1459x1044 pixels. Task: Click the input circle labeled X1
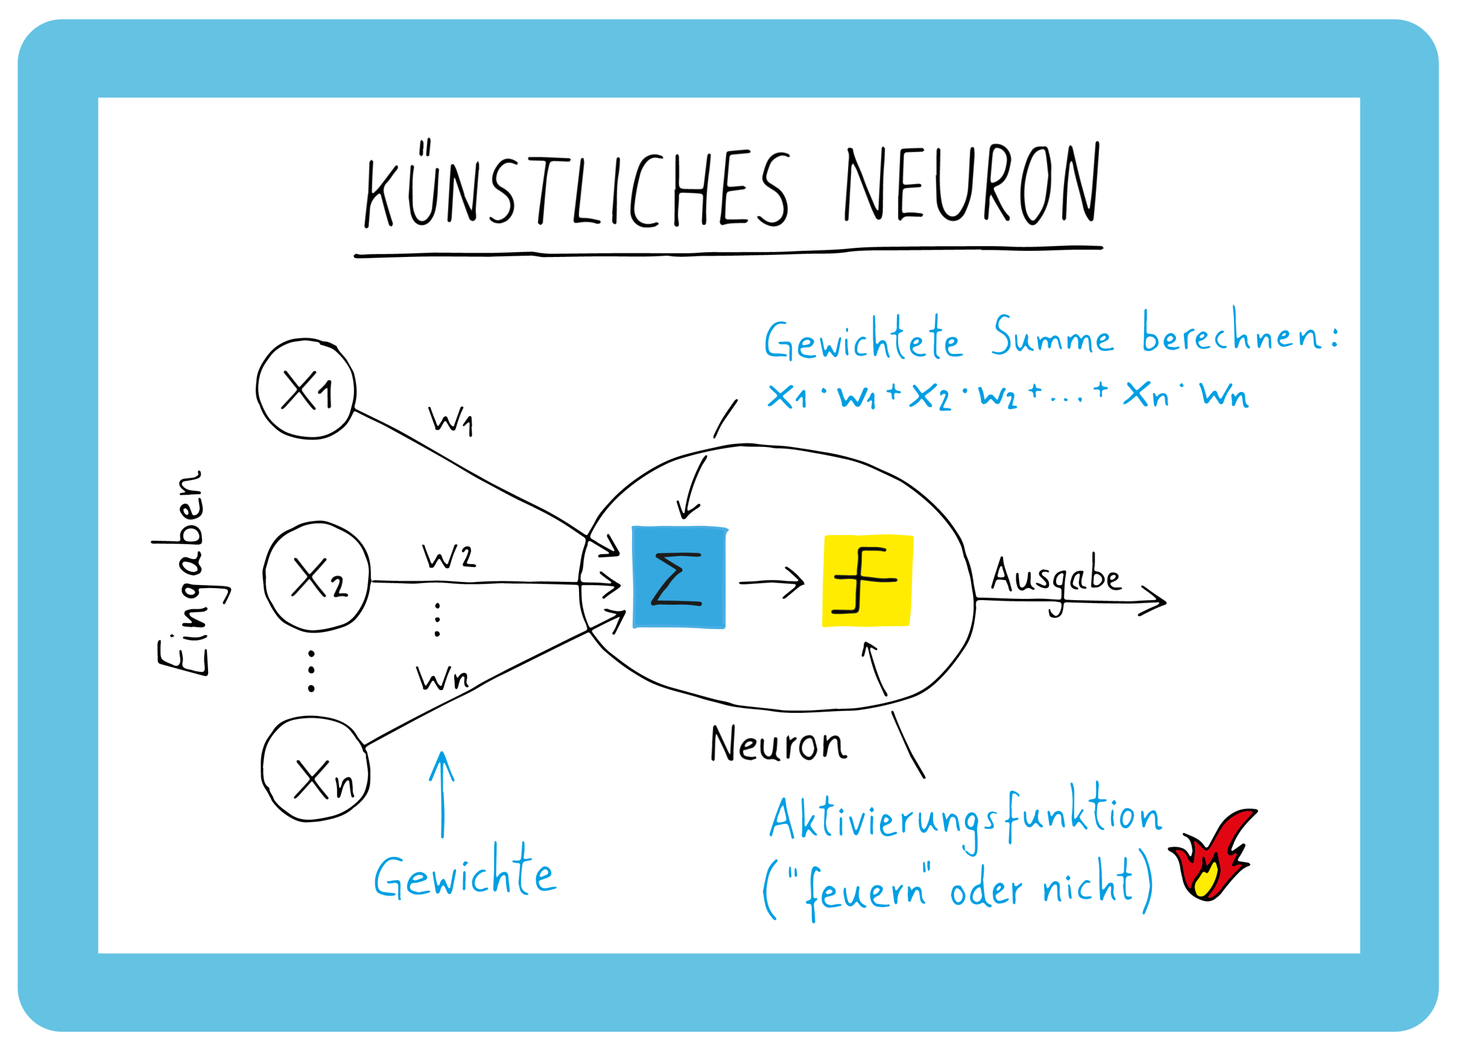(306, 389)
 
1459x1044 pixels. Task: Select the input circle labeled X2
(317, 577)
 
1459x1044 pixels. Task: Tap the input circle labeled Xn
(316, 769)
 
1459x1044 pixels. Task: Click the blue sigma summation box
(679, 577)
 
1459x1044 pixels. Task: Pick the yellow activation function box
(867, 580)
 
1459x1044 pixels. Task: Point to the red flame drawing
(1209, 855)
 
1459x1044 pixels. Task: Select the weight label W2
(449, 556)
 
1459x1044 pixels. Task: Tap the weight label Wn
(442, 678)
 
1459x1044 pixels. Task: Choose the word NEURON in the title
(971, 184)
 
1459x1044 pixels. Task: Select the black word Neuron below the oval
(778, 744)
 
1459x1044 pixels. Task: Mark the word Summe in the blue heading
(1052, 337)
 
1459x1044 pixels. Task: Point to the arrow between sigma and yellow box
(771, 582)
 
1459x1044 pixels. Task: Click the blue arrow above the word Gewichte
(442, 794)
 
